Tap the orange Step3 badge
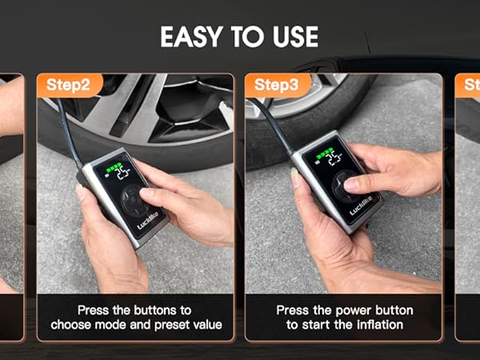pyautogui.click(x=276, y=85)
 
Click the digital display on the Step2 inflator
pyautogui.click(x=118, y=173)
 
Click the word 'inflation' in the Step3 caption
pyautogui.click(x=377, y=325)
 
